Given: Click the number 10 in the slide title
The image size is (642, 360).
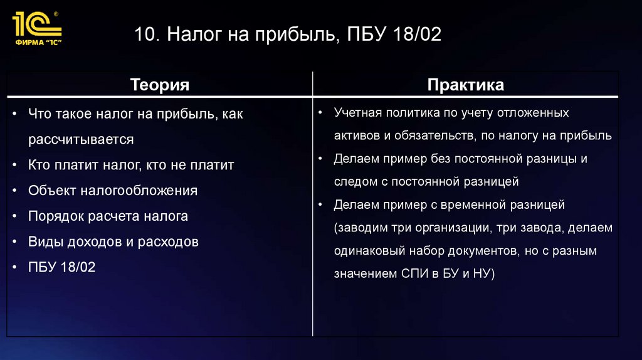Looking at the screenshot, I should [x=144, y=34].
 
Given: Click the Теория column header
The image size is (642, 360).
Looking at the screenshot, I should [x=159, y=85].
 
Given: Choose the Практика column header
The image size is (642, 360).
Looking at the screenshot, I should [x=465, y=85].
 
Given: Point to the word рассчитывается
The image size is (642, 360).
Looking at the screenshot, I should [x=81, y=139].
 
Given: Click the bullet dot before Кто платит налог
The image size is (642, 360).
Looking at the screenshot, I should [x=14, y=165].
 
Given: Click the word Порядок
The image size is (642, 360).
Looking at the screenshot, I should [x=55, y=216].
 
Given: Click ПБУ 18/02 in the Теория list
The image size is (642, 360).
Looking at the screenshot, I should [x=61, y=267].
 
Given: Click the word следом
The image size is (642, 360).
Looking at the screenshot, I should [x=355, y=182].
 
